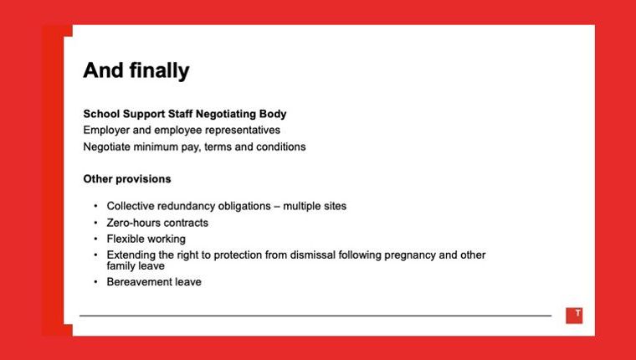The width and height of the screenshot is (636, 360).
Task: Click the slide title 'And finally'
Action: coord(136,71)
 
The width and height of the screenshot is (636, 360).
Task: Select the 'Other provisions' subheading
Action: coord(127,179)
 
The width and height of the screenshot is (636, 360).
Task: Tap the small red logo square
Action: coord(574,315)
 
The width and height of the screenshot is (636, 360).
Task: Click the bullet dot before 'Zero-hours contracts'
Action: coord(95,224)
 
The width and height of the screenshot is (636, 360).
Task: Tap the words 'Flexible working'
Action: coord(146,239)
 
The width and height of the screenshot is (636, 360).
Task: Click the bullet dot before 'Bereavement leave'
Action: coord(95,282)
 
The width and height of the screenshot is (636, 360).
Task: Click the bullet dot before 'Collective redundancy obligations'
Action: coord(95,206)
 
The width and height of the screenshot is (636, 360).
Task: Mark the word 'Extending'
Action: coord(131,255)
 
